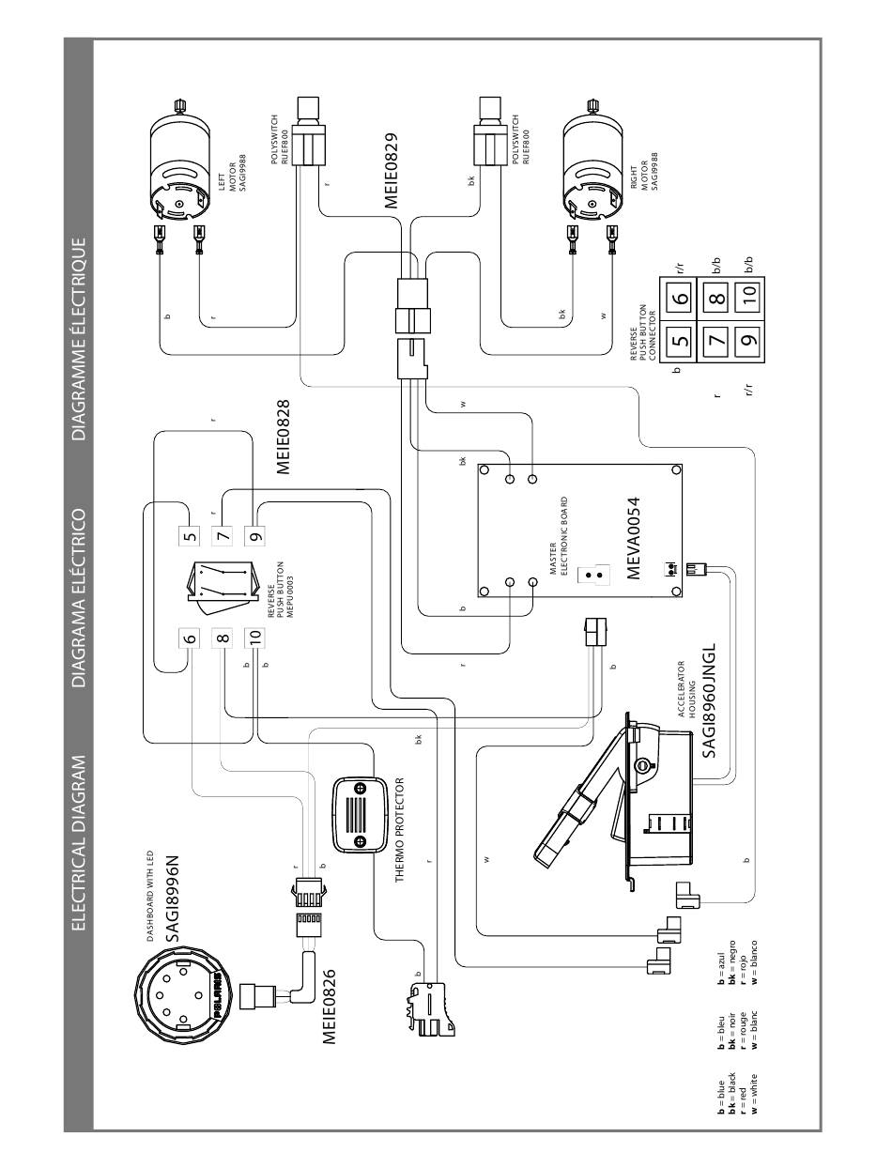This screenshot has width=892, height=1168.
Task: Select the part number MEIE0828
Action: (x=284, y=437)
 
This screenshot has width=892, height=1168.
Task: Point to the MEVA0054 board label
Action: (x=633, y=538)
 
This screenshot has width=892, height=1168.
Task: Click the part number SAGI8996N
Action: (x=173, y=899)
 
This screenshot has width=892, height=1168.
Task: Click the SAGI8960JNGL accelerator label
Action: (x=709, y=700)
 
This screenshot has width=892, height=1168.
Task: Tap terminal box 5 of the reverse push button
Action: (x=190, y=535)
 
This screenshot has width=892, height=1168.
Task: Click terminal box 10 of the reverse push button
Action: (x=254, y=636)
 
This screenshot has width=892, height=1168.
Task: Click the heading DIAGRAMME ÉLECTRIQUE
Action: (x=79, y=338)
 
